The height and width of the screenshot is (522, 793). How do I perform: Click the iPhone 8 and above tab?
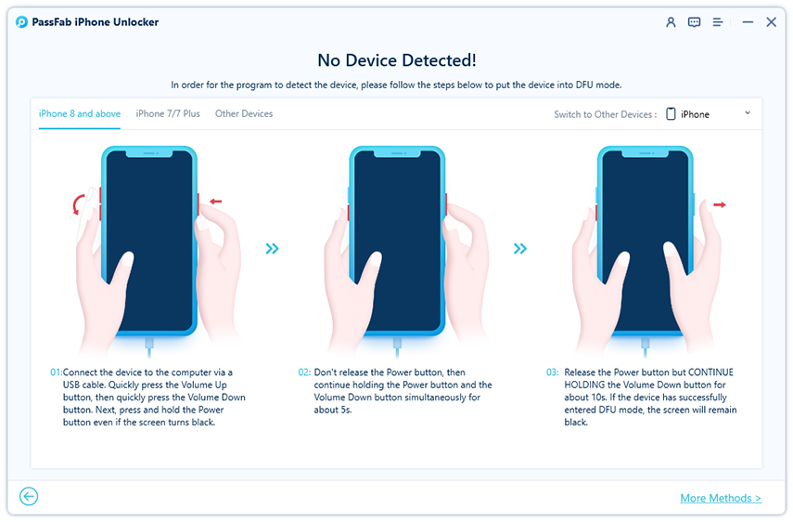tap(80, 114)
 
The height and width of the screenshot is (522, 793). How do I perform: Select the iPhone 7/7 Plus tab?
tap(168, 114)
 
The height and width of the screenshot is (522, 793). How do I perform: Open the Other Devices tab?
tap(244, 114)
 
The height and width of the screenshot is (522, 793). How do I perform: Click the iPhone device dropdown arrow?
tap(748, 113)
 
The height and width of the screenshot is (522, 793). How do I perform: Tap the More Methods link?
tap(720, 499)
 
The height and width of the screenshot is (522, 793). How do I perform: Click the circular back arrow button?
tap(29, 497)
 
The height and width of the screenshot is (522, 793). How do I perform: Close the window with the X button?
tap(771, 22)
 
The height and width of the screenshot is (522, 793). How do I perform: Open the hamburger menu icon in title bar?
tap(718, 22)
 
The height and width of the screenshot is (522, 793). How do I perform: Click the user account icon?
tap(671, 22)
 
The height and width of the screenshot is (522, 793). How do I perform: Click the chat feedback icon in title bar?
tap(694, 22)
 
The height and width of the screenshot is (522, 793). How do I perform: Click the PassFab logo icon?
tap(21, 22)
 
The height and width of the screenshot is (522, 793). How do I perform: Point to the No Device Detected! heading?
tap(397, 60)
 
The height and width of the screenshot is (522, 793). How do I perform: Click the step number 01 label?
tap(56, 372)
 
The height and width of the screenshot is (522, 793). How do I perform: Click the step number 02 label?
tap(304, 372)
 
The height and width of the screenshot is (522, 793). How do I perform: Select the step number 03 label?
tap(552, 372)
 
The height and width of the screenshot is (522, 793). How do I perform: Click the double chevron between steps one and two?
tap(272, 248)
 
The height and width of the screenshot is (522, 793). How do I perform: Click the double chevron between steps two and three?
tap(520, 248)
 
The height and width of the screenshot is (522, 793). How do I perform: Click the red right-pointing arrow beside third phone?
tap(720, 204)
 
